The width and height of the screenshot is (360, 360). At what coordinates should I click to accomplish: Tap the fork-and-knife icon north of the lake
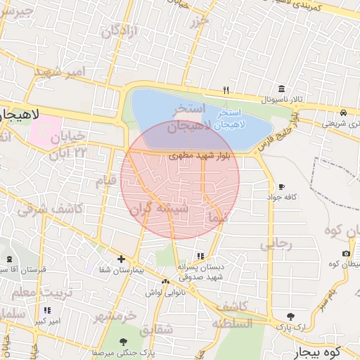coord(226,90)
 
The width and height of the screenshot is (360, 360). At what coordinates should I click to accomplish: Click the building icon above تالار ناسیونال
coord(281,89)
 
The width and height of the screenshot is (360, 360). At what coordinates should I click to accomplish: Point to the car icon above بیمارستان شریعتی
coord(342,112)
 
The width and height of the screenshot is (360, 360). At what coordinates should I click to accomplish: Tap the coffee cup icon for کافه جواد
coord(281,186)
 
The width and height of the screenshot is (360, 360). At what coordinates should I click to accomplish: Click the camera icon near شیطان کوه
coord(346,253)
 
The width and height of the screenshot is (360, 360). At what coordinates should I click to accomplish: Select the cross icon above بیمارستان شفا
coord(121,259)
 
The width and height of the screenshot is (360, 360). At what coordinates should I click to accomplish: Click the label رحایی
coord(275,244)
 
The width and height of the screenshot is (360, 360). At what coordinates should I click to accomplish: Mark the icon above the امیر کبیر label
coord(47,310)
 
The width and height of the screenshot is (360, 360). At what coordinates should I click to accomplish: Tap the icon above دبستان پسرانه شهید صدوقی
coord(200,256)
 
